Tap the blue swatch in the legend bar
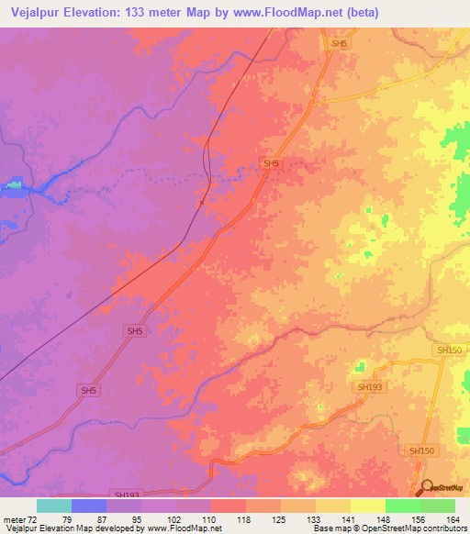[x=88, y=506]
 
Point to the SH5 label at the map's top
[x=340, y=43]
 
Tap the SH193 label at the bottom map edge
[x=128, y=494]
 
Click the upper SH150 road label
[x=449, y=350]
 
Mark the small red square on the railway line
[x=201, y=203]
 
